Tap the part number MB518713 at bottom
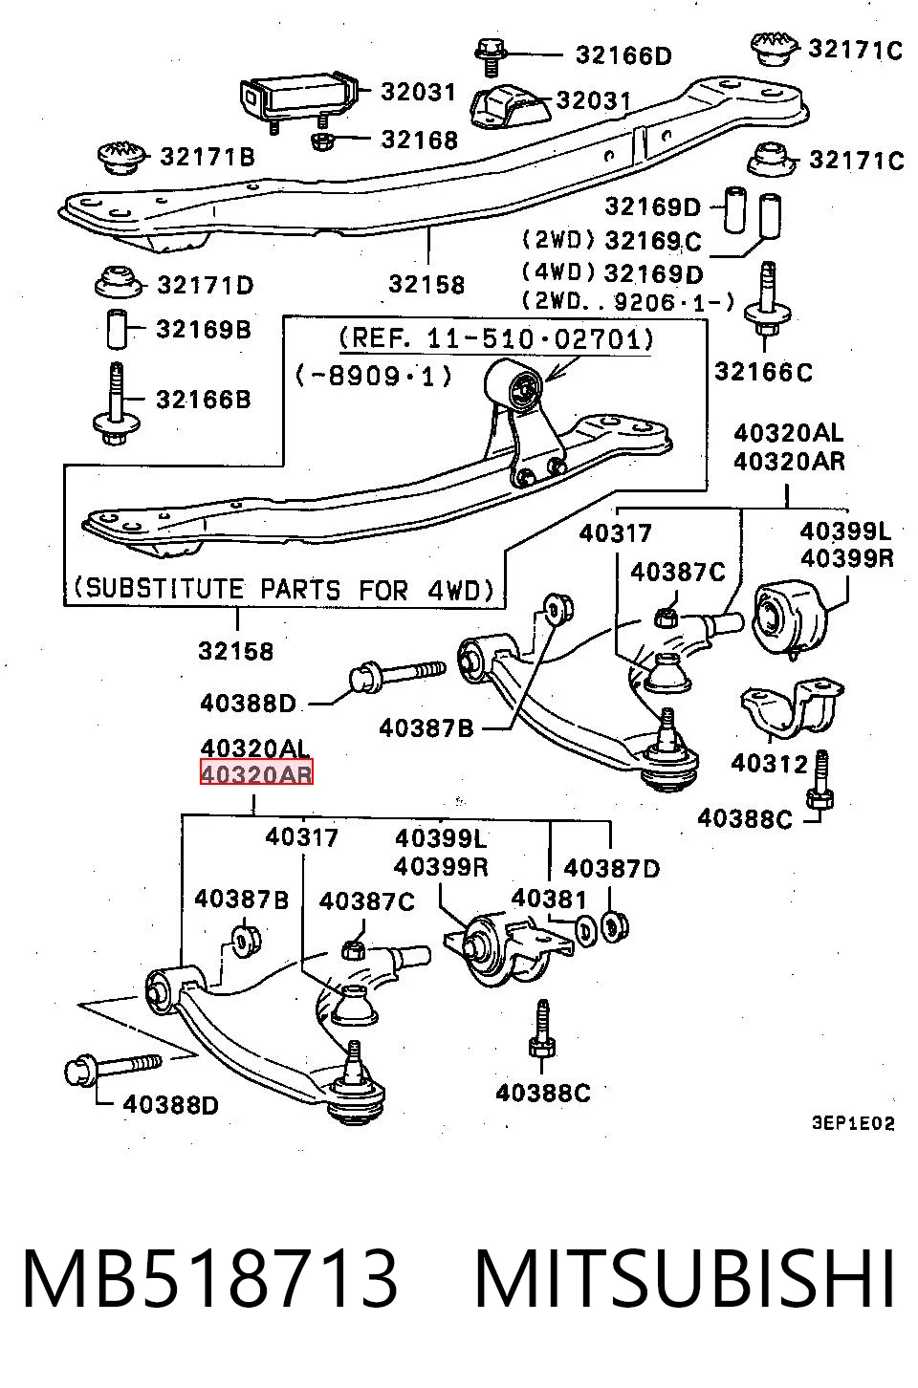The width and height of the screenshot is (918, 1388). [x=209, y=1278]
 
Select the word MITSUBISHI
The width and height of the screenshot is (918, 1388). [x=685, y=1278]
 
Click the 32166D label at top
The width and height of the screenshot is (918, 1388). [x=623, y=55]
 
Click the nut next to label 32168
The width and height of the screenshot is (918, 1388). [x=322, y=141]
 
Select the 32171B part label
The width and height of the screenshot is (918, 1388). [x=208, y=156]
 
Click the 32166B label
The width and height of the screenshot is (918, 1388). [x=204, y=399]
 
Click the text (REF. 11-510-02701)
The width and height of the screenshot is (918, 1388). [x=496, y=338]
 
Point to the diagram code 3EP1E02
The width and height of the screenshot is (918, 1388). [x=854, y=1123]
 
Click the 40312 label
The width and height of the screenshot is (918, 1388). [x=769, y=764]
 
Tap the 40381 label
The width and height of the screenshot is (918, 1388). [x=549, y=898]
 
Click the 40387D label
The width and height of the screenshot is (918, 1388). [x=612, y=868]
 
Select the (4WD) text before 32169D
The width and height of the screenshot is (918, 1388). [x=558, y=271]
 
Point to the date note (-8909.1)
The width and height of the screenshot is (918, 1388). [x=374, y=376]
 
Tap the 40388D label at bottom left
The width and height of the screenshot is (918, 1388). [x=171, y=1104]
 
